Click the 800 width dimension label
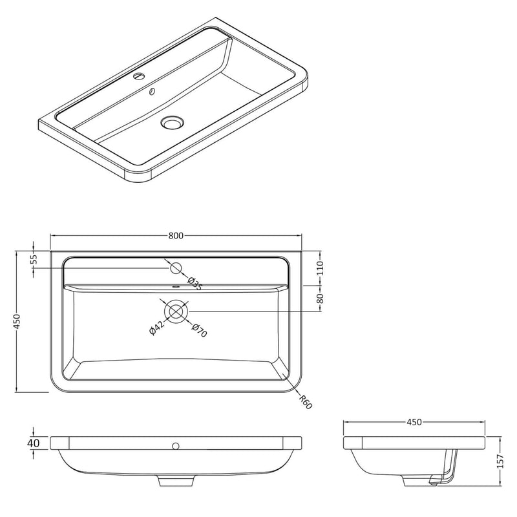coord(176,236)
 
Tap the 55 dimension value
coord(34,260)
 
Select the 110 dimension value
coord(320,268)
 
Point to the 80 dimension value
coord(320,298)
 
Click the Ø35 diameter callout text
coord(195,284)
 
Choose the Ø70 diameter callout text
coord(200,331)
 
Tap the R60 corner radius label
coord(305,402)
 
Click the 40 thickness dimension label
coord(34,443)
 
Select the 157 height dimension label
coord(500,461)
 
